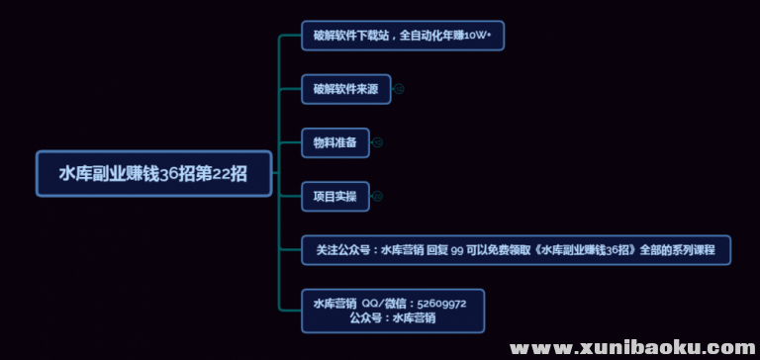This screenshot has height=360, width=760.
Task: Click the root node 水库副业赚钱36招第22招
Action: pyautogui.click(x=153, y=173)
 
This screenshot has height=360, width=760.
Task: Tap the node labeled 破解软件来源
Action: pyautogui.click(x=345, y=89)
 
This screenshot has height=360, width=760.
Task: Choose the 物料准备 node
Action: pyautogui.click(x=334, y=142)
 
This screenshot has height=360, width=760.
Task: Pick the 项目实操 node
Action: pyautogui.click(x=334, y=196)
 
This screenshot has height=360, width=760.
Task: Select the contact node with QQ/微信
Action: pyautogui.click(x=393, y=311)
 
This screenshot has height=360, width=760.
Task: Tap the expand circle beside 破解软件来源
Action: pyautogui.click(x=399, y=89)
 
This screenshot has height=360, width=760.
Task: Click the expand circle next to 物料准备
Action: pyautogui.click(x=377, y=142)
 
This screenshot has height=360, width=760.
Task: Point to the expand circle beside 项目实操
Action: pyautogui.click(x=377, y=196)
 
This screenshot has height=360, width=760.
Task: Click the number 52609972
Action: pyautogui.click(x=443, y=304)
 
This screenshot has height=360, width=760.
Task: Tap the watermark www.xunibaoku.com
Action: pyautogui.click(x=633, y=347)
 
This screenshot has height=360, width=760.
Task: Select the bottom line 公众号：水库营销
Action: pyautogui.click(x=393, y=318)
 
